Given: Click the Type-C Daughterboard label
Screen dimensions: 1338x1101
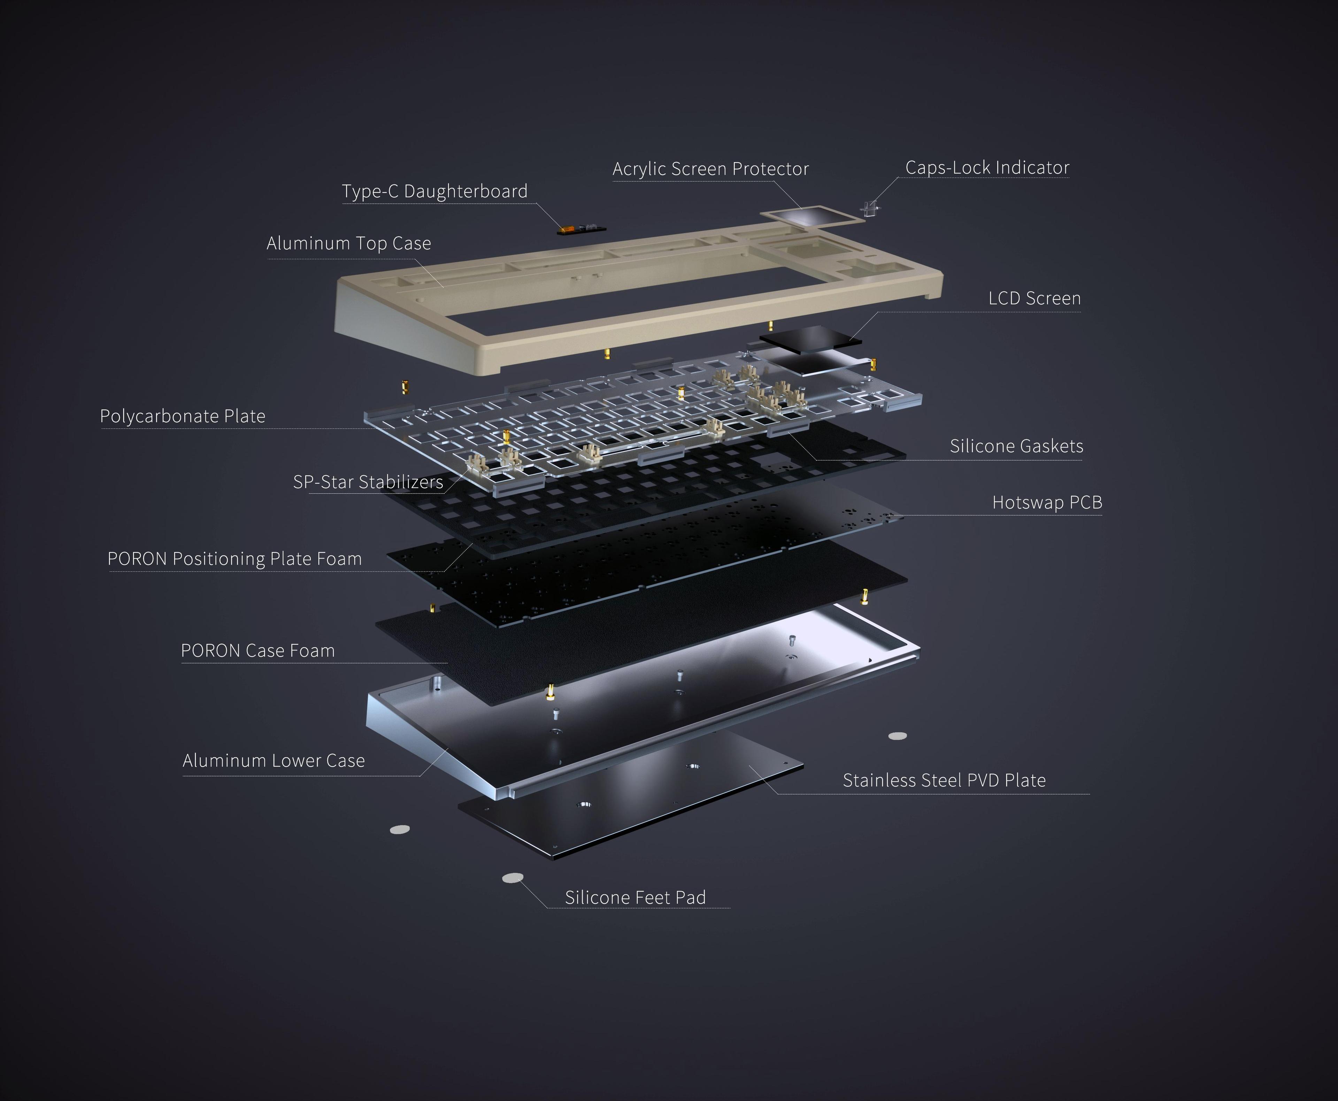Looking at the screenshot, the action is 435,191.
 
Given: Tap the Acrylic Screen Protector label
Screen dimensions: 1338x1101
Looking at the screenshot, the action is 710,169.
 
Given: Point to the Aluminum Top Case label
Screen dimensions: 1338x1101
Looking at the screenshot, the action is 349,243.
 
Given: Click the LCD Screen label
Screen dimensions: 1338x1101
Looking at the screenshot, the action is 1034,298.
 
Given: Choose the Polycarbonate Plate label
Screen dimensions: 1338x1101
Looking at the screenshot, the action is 183,416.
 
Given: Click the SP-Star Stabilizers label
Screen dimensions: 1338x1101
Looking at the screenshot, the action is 368,482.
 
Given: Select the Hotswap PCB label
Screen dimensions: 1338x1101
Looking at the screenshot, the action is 1047,502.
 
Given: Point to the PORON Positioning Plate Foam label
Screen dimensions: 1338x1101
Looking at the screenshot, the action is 234,559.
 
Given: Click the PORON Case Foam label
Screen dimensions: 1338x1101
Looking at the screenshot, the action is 257,651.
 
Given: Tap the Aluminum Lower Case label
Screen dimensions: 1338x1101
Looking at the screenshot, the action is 273,760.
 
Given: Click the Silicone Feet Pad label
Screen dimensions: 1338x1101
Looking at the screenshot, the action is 635,897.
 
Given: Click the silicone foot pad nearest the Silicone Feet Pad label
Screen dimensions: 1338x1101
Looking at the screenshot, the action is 513,878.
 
